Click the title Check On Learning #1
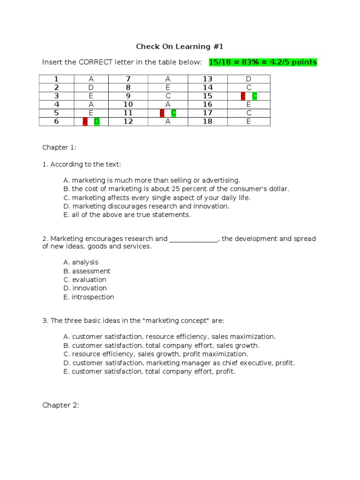pyautogui.click(x=180, y=46)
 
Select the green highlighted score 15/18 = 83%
pyautogui.click(x=263, y=62)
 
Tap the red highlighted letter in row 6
pyautogui.click(x=85, y=122)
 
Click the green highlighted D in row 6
pyautogui.click(x=97, y=122)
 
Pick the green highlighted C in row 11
pyautogui.click(x=173, y=113)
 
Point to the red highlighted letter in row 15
pyautogui.click(x=243, y=96)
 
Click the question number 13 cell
pyautogui.click(x=208, y=79)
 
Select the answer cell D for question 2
pyautogui.click(x=91, y=88)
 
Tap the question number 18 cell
pyautogui.click(x=208, y=122)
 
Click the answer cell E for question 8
pyautogui.click(x=168, y=88)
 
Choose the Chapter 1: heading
pyautogui.click(x=60, y=147)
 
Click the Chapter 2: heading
pyautogui.click(x=61, y=405)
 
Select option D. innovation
pyautogui.click(x=85, y=288)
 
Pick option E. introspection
pyautogui.click(x=89, y=297)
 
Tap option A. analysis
pyautogui.click(x=81, y=262)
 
